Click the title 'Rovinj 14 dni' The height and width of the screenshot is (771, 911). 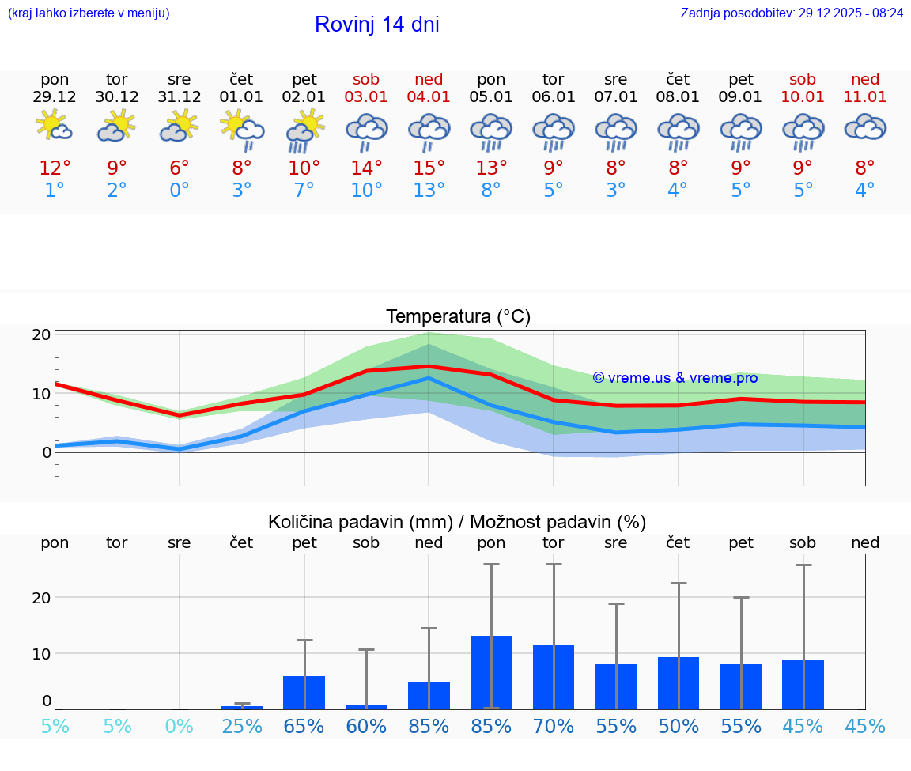pos(376,25)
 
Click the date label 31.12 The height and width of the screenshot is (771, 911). pos(180,96)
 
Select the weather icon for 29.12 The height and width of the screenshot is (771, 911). pos(55,126)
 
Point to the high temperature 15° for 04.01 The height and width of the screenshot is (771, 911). pos(429,168)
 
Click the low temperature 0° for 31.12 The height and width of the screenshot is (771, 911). pos(180,190)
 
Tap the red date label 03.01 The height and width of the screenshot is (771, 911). pos(366,96)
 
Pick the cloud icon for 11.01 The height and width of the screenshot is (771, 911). pos(865,127)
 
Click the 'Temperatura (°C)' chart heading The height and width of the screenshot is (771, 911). pos(458,317)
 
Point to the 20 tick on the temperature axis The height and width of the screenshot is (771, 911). pos(42,334)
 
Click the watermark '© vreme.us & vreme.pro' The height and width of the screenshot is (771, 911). pos(675,378)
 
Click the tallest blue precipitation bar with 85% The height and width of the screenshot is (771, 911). pos(491,672)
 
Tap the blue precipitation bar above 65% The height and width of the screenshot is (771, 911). pos(304,692)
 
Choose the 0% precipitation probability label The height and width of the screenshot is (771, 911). pos(180,726)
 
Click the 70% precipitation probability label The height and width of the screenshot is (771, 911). pos(554,726)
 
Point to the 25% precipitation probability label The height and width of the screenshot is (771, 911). pos(242,726)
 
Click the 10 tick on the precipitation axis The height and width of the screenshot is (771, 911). pos(42,653)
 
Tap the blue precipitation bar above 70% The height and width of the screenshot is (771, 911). pos(554,677)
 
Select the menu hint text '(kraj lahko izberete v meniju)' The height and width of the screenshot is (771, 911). pos(89,13)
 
